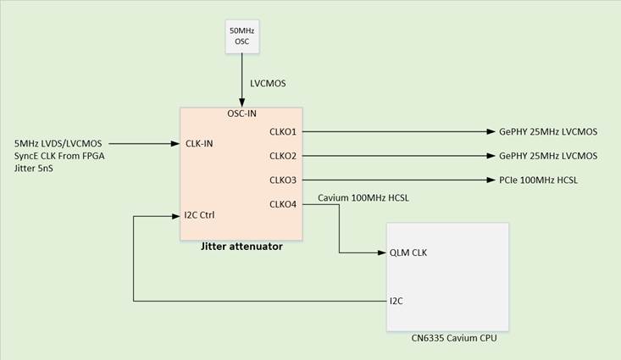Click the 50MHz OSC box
tap(241, 36)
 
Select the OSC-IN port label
tap(241, 114)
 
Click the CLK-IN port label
tap(199, 143)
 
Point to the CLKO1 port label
tap(283, 131)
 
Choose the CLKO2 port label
tap(283, 156)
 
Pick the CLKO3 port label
tap(283, 180)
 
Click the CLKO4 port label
tap(283, 203)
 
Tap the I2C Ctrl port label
tap(199, 215)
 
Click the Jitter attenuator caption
tap(241, 246)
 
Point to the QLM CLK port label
tap(408, 252)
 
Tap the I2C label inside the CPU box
tap(396, 300)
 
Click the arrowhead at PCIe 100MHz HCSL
tap(491, 180)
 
